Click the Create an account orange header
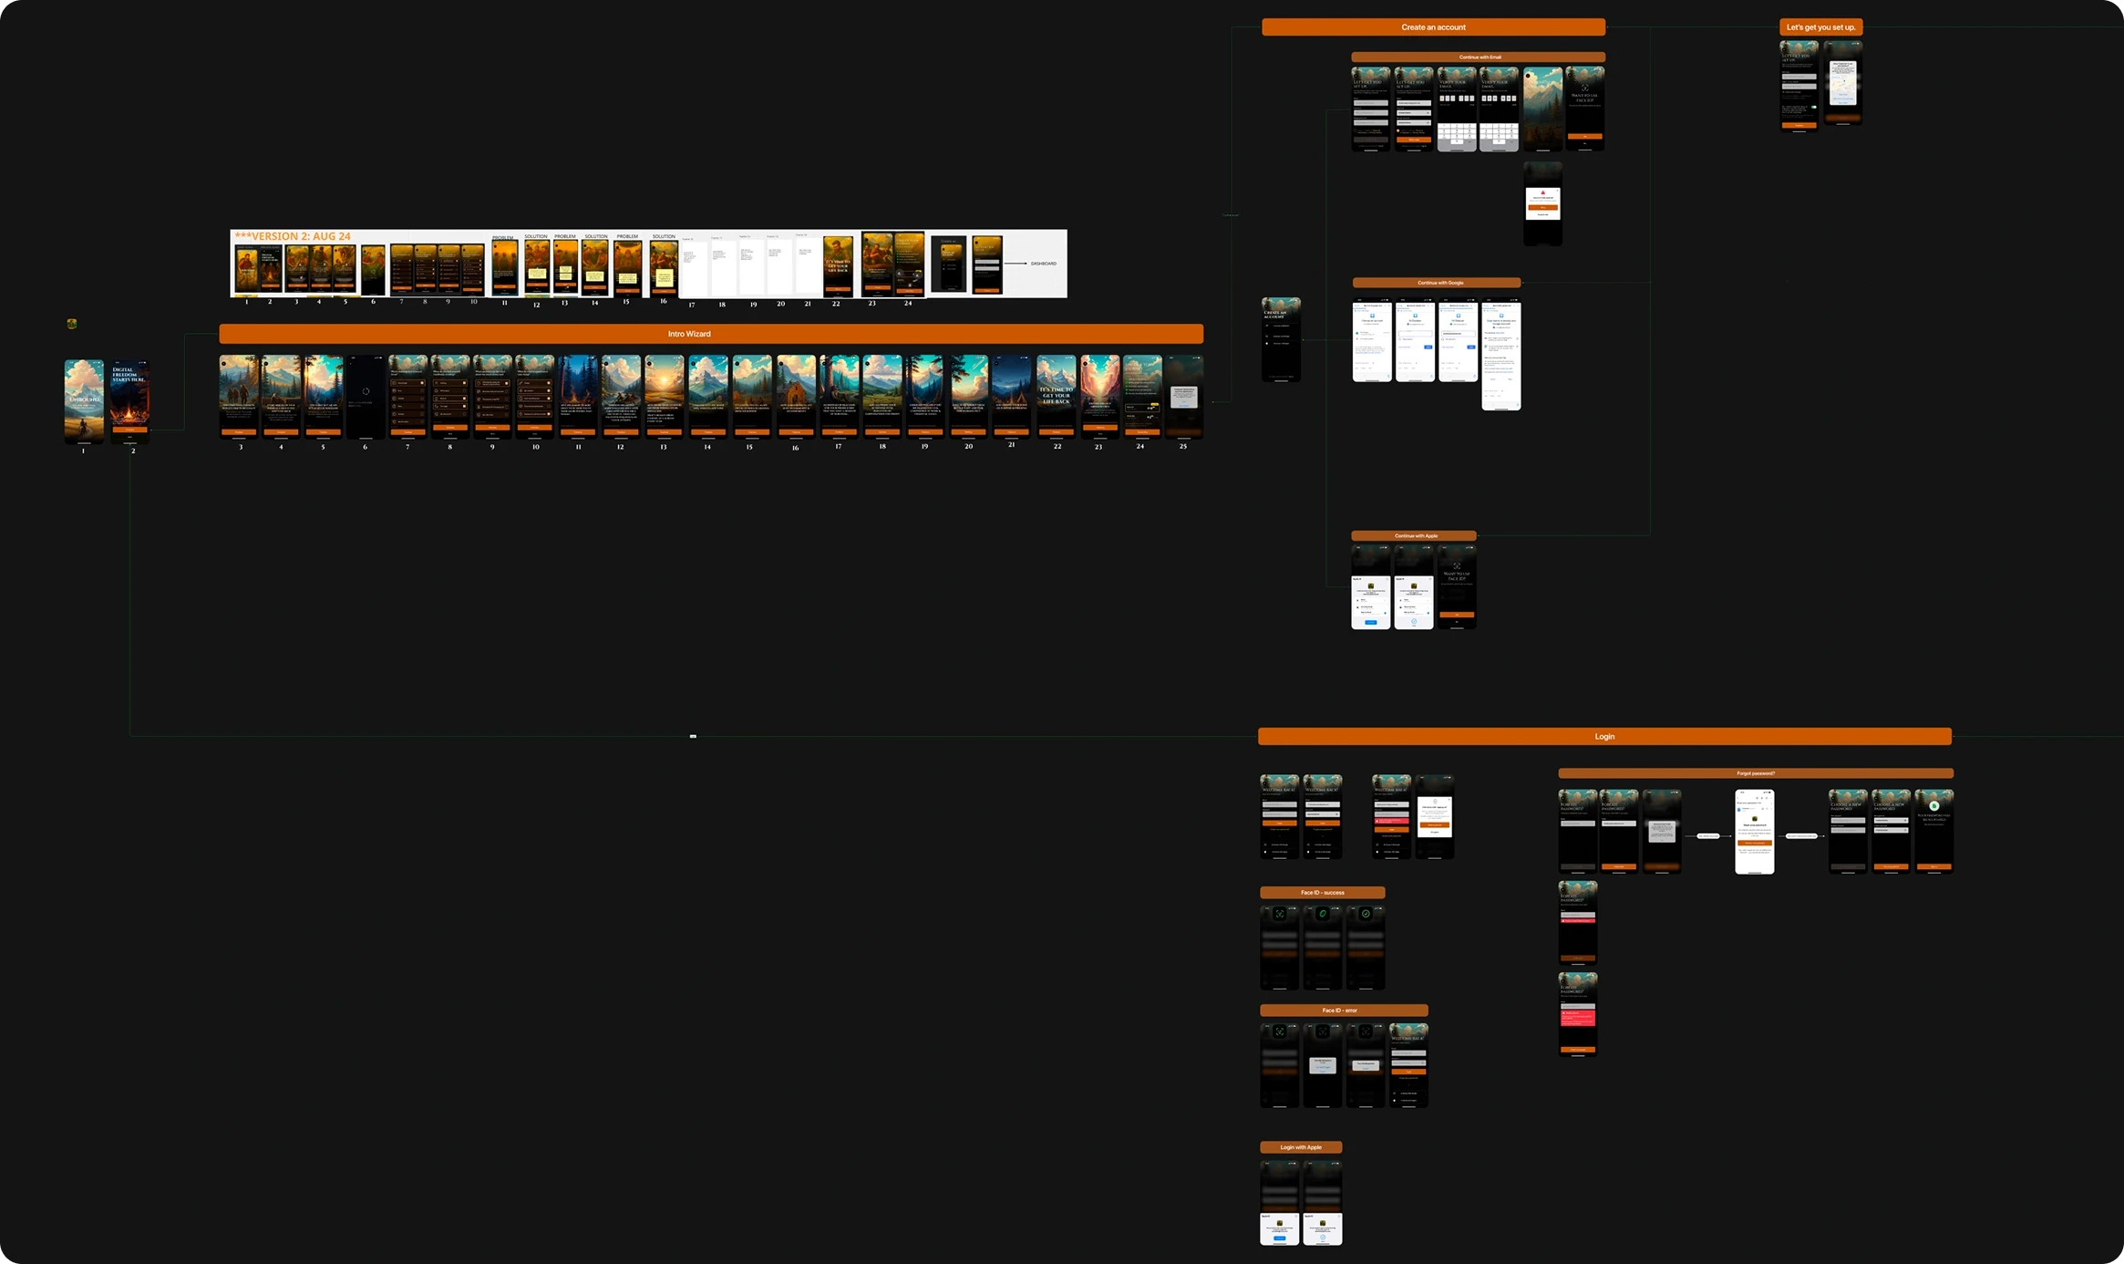[1433, 27]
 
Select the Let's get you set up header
[1820, 27]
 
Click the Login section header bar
[1604, 736]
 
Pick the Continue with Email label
[1479, 57]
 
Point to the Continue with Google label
[1437, 283]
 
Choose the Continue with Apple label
[1414, 536]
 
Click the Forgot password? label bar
[1756, 773]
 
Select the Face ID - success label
[1322, 893]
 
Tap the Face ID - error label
[1344, 1010]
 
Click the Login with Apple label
[1301, 1147]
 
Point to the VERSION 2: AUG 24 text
[294, 236]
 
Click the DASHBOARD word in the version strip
[1043, 264]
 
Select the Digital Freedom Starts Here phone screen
[130, 400]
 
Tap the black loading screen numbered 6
[366, 397]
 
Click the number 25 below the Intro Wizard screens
[1183, 447]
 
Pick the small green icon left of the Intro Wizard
[72, 324]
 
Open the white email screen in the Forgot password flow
[1755, 832]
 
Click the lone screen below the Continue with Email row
[1542, 203]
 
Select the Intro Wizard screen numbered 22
[1057, 397]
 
